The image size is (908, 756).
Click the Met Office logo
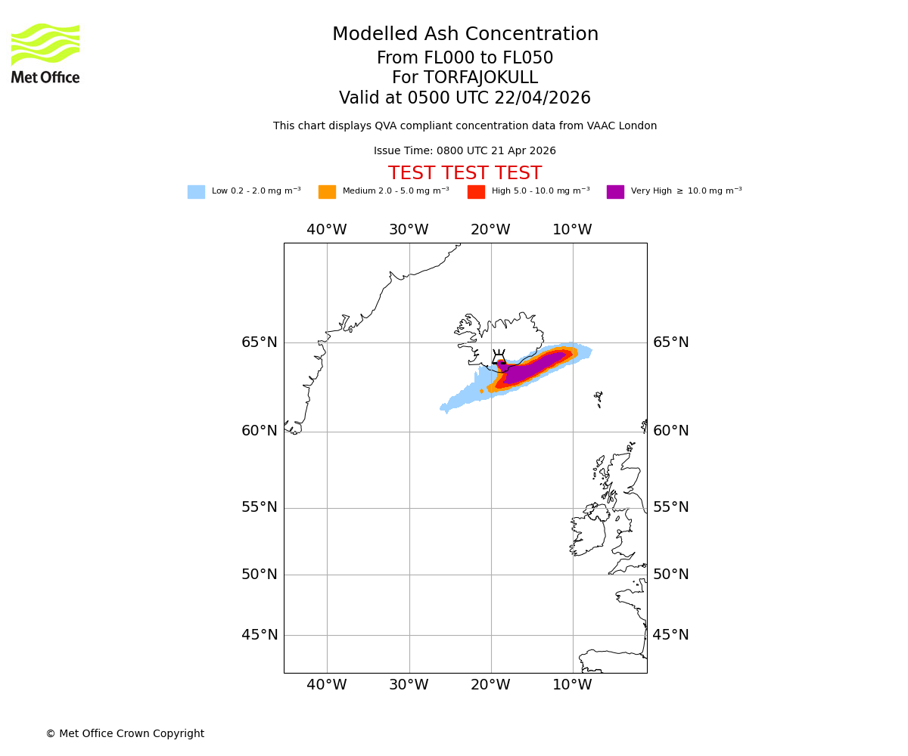45,53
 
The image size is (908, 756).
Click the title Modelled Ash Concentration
465,35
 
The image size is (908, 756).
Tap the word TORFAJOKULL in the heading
480,78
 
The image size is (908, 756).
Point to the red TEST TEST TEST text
465,174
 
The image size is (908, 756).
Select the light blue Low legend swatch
196,192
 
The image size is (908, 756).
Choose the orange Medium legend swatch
327,192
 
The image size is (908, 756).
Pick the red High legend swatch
476,192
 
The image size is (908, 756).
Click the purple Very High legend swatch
615,192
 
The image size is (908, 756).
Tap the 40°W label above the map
327,230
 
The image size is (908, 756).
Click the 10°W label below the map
572,686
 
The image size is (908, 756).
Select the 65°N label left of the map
260,342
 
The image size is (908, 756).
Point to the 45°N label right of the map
671,635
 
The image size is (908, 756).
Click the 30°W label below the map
409,686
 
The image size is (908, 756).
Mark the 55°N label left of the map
260,507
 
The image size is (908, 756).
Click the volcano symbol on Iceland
499,357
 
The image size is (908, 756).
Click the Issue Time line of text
465,151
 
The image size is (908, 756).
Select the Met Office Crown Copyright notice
125,734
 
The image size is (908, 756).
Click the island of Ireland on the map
588,533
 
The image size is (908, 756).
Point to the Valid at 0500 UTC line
465,98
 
